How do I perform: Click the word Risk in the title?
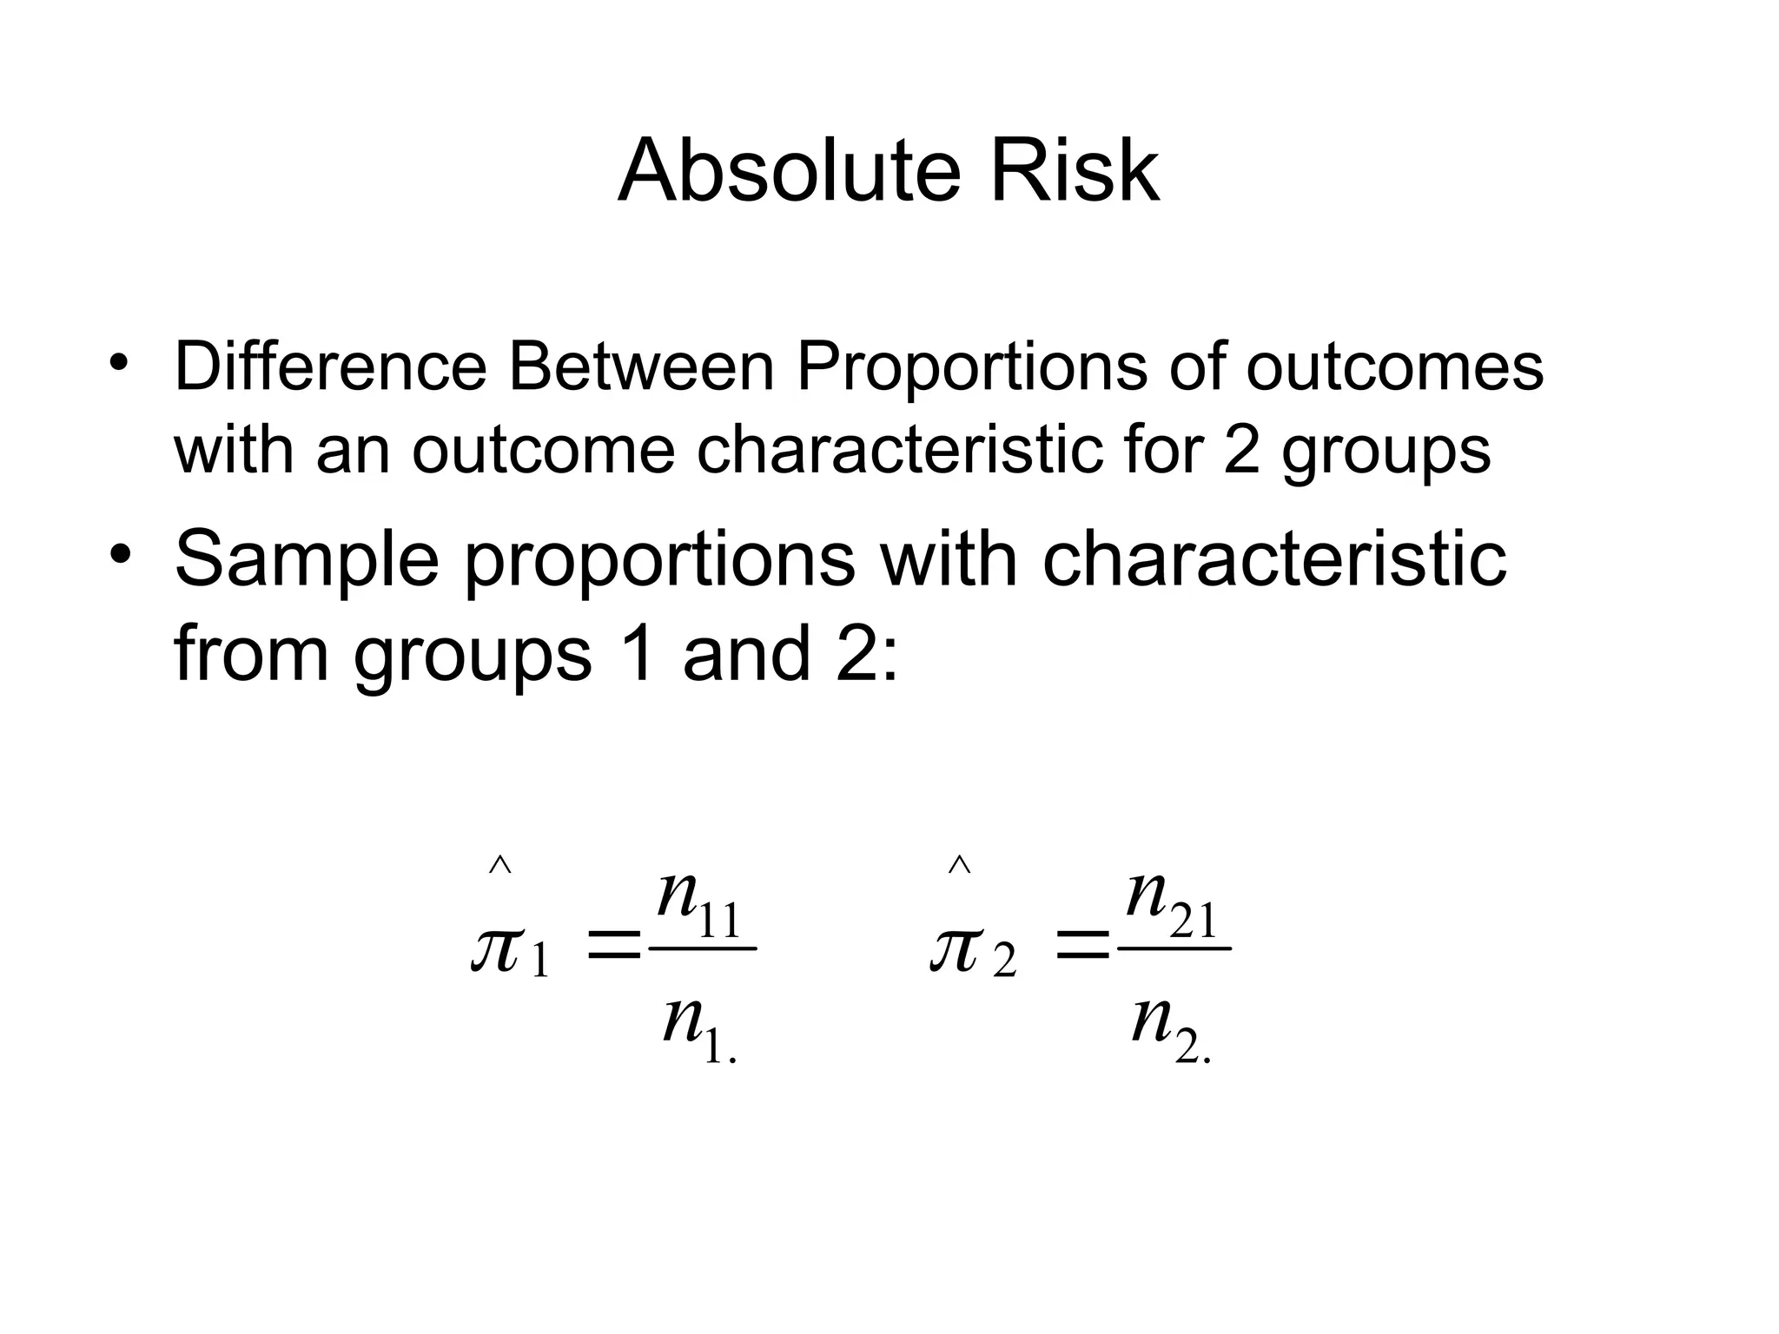(x=1074, y=171)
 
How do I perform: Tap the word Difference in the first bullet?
(x=330, y=367)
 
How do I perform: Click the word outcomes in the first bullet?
(x=1394, y=367)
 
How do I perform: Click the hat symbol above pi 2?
(x=959, y=865)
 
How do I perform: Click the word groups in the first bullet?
(x=1386, y=452)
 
